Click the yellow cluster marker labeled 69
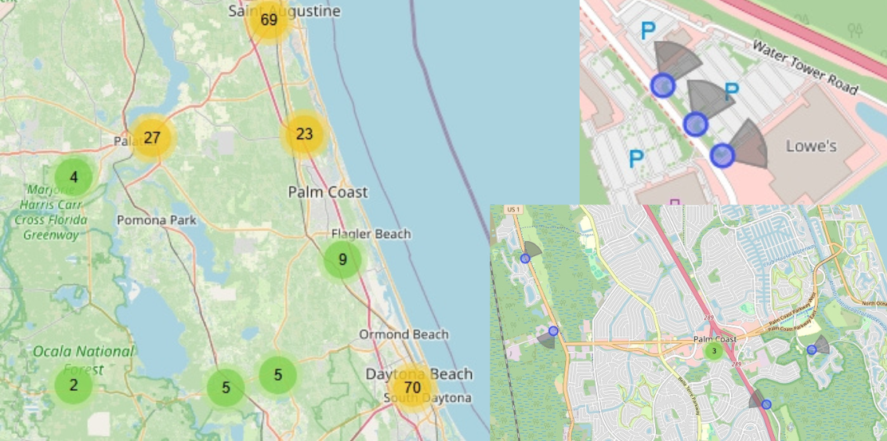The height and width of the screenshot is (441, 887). (269, 20)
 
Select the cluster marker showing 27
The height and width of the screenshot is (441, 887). (152, 138)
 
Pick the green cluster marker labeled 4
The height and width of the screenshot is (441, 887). (74, 177)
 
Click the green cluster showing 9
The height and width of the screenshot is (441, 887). (342, 260)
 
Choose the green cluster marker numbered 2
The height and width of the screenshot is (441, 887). (74, 385)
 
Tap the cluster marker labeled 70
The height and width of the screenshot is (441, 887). (412, 387)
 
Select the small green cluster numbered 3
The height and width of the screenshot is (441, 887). (713, 351)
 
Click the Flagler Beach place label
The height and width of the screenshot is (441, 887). (371, 234)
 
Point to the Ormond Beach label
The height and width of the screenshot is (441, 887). (404, 334)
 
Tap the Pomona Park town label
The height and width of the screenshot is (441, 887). (157, 220)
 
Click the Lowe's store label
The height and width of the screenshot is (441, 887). (812, 146)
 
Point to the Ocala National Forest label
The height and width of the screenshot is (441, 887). (83, 359)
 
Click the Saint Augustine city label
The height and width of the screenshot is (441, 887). (284, 10)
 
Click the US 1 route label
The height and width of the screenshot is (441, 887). (514, 210)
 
